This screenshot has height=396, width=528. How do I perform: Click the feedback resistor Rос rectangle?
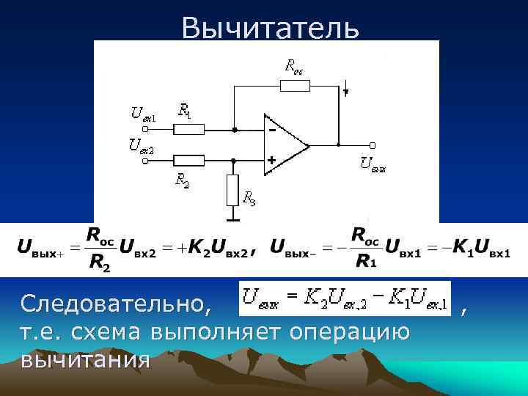click(296, 85)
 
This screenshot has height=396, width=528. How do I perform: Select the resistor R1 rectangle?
click(188, 130)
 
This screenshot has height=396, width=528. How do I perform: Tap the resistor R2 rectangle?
click(188, 159)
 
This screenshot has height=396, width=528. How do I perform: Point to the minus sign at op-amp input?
click(271, 131)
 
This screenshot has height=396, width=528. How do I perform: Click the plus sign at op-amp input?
click(271, 158)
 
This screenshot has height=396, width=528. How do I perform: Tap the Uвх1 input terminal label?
click(144, 113)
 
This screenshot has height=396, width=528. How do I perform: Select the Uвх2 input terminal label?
click(142, 144)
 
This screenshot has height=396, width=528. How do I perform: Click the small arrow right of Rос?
click(345, 92)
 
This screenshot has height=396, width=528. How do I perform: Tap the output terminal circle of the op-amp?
click(373, 145)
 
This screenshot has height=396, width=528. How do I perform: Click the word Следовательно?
click(117, 301)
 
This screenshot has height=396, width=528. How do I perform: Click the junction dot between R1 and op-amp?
click(234, 130)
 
